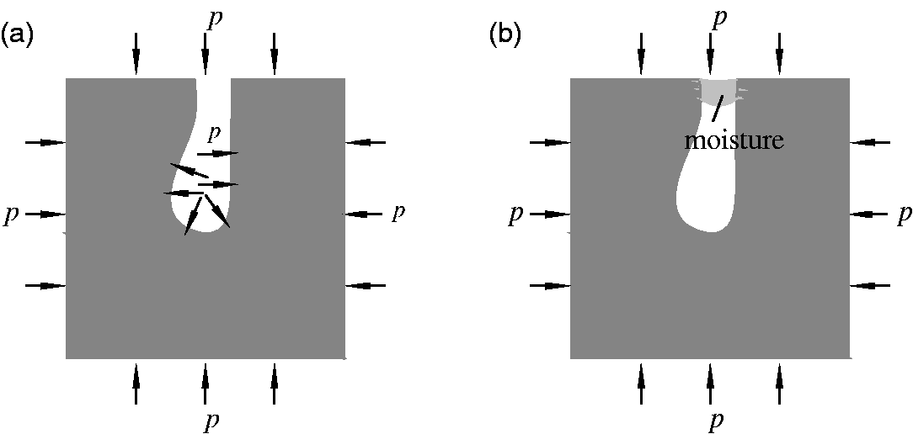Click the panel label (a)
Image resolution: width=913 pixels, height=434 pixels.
(x=16, y=37)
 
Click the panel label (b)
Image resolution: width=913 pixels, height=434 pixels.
(x=505, y=37)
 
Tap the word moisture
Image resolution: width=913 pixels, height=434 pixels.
(x=734, y=140)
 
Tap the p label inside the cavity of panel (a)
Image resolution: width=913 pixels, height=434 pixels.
(x=216, y=134)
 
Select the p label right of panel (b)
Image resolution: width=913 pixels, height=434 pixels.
(x=903, y=215)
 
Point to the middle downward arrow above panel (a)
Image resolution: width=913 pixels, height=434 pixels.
(x=205, y=55)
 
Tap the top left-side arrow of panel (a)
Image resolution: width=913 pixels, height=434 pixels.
(x=45, y=142)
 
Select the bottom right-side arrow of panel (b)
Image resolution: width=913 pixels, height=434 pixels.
(x=870, y=286)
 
